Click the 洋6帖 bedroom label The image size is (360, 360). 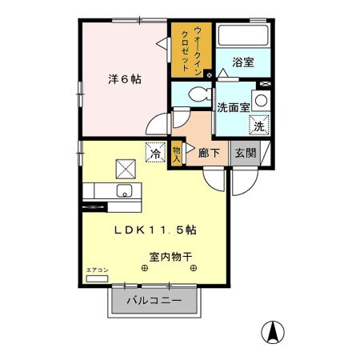(x=125, y=80)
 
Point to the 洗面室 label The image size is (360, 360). (x=234, y=106)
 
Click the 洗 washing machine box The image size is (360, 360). (x=258, y=125)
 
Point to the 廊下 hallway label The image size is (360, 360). (x=210, y=152)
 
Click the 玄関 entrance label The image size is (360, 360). (x=244, y=152)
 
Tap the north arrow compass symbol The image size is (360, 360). (x=273, y=330)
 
